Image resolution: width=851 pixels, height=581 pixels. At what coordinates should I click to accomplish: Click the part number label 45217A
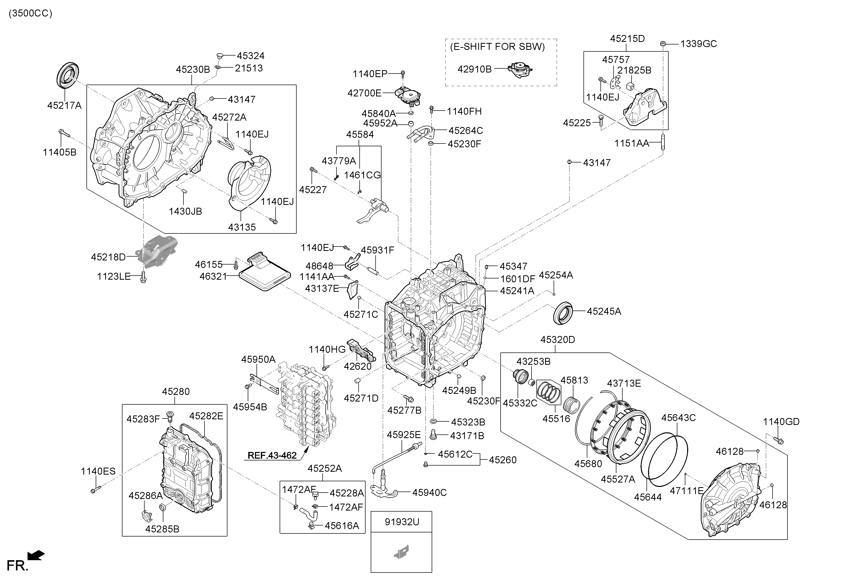(x=65, y=105)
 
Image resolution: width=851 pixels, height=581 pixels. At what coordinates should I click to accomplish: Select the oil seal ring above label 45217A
(x=68, y=75)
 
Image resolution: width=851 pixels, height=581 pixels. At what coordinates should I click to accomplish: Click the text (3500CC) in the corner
(x=30, y=14)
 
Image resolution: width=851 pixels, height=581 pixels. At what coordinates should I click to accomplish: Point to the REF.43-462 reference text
(x=272, y=456)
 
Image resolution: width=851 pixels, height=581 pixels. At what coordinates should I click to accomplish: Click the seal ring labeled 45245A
(x=563, y=313)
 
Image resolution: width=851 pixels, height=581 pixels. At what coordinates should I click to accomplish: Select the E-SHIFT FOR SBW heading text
(x=497, y=47)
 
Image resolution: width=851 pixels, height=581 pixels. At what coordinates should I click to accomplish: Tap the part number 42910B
(x=475, y=69)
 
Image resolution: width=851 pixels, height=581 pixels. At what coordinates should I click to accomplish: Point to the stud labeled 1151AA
(x=663, y=142)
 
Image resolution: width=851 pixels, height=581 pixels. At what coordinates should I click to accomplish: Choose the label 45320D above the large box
(x=558, y=340)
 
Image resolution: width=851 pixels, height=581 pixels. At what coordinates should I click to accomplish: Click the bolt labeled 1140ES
(x=95, y=489)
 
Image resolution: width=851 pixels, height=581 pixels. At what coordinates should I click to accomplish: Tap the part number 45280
(x=176, y=392)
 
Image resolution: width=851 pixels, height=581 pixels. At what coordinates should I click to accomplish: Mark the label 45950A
(x=258, y=359)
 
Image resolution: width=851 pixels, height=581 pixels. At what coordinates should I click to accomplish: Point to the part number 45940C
(x=430, y=493)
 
